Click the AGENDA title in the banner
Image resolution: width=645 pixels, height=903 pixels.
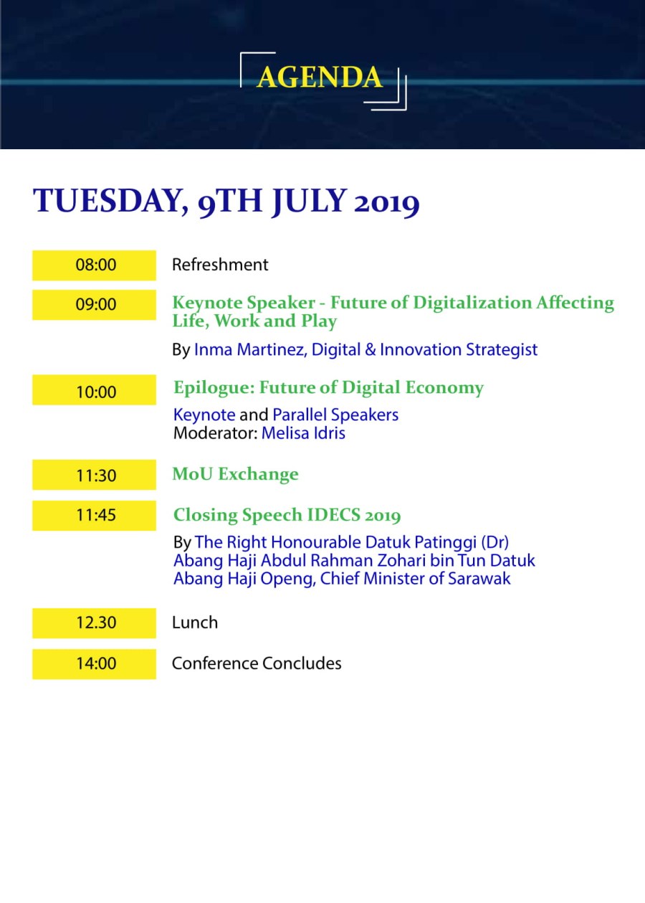tap(320, 77)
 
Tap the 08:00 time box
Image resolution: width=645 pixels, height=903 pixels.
tap(95, 265)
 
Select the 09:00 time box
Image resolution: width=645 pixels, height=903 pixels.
tap(95, 305)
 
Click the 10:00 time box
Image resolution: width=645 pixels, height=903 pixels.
tap(95, 390)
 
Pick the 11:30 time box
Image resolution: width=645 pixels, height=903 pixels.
tap(95, 475)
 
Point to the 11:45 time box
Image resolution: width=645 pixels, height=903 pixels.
tap(95, 516)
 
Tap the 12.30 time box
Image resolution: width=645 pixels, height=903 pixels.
tap(95, 623)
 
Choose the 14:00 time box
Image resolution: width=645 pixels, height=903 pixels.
tap(95, 664)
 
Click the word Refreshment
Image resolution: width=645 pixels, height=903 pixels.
tap(220, 265)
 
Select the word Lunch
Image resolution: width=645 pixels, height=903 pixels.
tap(195, 623)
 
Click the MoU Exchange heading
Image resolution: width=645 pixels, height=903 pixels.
tap(236, 473)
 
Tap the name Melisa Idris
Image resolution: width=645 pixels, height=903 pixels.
tap(303, 433)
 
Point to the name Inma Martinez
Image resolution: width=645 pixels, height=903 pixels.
tap(249, 349)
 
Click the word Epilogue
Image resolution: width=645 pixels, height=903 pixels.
tap(214, 388)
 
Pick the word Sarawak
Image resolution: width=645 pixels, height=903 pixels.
tap(479, 579)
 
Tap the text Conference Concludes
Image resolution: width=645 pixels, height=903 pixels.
tap(257, 663)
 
